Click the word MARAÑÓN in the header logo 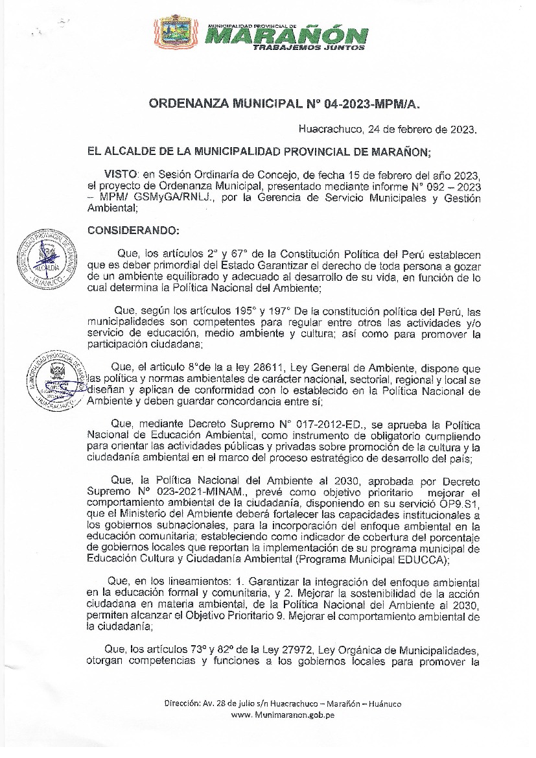tap(288, 36)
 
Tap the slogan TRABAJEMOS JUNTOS tap(309, 47)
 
